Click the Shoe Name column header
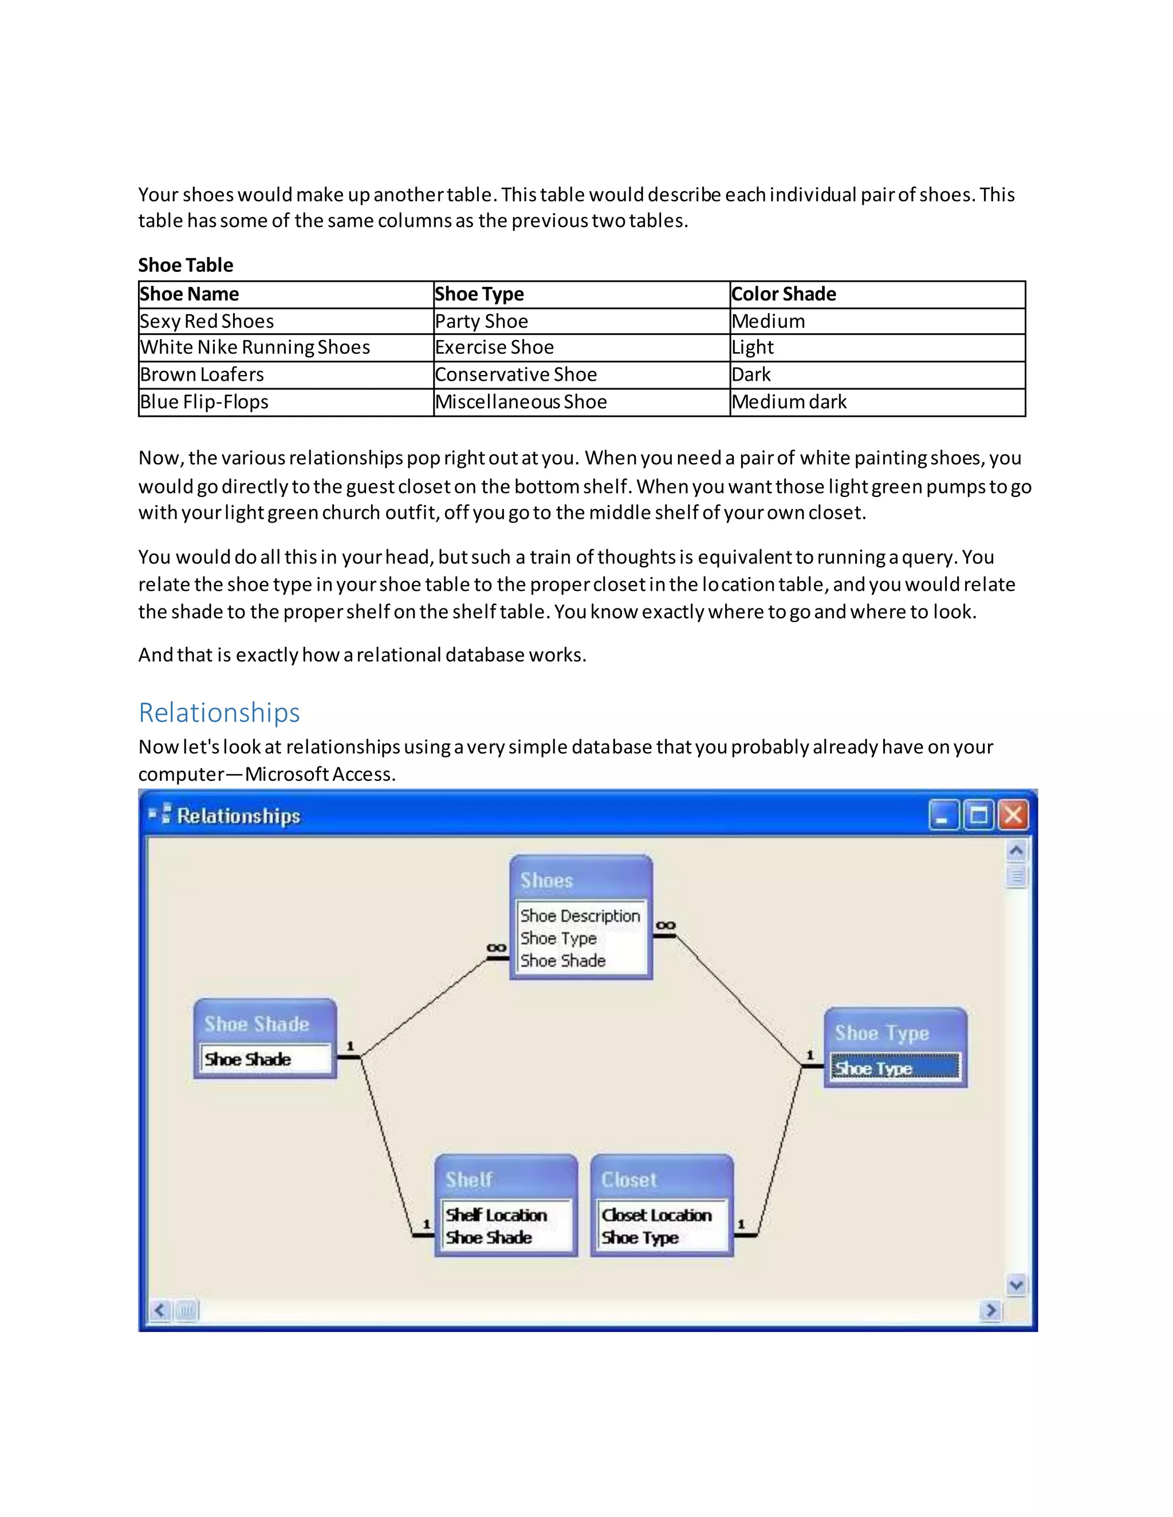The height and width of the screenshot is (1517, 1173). tap(189, 294)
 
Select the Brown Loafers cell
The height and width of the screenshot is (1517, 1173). tap(202, 374)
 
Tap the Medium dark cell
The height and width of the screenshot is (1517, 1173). tap(789, 401)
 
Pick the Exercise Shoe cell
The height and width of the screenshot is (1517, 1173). tap(494, 347)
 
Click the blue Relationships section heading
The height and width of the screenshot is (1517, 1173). tap(219, 713)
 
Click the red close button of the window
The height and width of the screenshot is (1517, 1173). tap(1013, 815)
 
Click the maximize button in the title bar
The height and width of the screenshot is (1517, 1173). tap(978, 815)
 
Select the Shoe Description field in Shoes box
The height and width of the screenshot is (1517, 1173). tap(580, 915)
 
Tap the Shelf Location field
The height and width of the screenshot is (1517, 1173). tap(496, 1215)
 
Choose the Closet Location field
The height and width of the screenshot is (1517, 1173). tap(656, 1215)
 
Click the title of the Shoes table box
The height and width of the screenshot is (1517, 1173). tap(546, 881)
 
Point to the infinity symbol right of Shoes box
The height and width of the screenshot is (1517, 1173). tap(665, 925)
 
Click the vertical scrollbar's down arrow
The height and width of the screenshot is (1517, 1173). tap(1016, 1285)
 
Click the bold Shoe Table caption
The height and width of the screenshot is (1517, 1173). tap(186, 264)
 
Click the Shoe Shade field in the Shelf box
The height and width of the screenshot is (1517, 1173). tap(489, 1237)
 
